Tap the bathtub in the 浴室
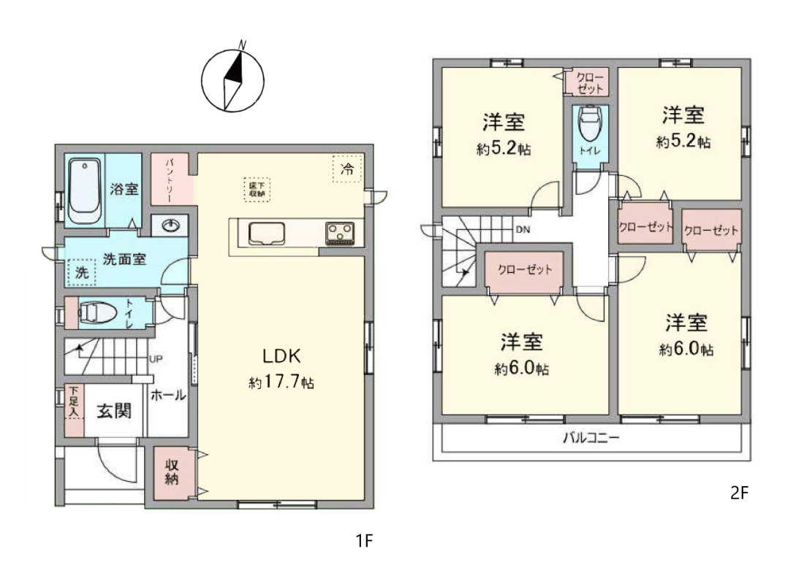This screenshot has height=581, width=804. click(x=85, y=191)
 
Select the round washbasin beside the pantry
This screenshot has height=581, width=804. click(x=170, y=226)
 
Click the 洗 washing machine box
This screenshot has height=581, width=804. click(x=82, y=272)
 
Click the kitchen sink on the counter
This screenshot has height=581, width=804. click(x=267, y=234)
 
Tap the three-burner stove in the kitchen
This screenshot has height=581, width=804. click(x=340, y=234)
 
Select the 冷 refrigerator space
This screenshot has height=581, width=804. click(x=347, y=169)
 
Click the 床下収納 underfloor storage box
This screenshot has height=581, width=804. click(x=257, y=189)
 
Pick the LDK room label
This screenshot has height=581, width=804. click(x=281, y=355)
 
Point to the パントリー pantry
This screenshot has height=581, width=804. click(x=171, y=179)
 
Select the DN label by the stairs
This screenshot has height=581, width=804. click(x=523, y=230)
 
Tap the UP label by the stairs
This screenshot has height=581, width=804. click(x=156, y=359)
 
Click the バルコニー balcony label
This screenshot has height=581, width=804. click(x=591, y=438)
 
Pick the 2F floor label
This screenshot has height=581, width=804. click(x=739, y=493)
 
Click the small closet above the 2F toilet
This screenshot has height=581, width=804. click(x=587, y=82)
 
